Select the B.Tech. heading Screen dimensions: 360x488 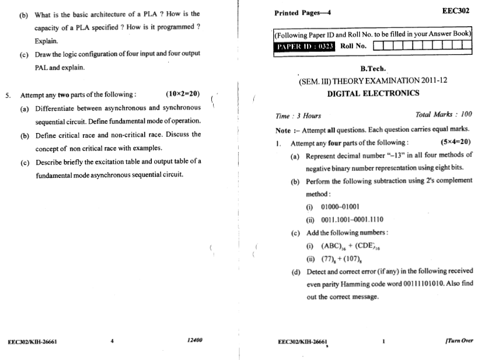pyautogui.click(x=374, y=69)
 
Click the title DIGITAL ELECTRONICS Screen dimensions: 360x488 pyautogui.click(x=373, y=93)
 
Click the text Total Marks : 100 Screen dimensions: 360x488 pyautogui.click(x=444, y=115)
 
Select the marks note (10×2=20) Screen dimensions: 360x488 pyautogui.click(x=183, y=94)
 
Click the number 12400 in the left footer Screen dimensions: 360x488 pyautogui.click(x=194, y=340)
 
